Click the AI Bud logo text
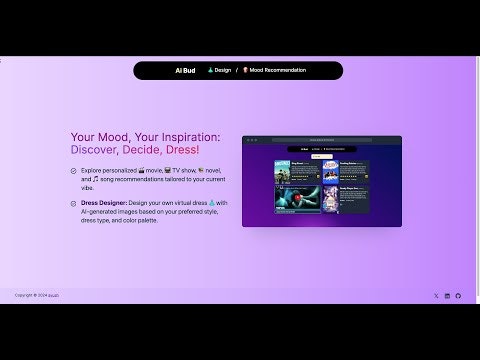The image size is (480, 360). click(185, 70)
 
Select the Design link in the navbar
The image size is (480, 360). click(220, 70)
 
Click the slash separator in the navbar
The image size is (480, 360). click(237, 70)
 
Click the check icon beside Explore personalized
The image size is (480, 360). click(73, 171)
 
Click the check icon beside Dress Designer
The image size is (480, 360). click(73, 203)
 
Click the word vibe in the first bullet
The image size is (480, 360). click(89, 187)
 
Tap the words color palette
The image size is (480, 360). click(158, 219)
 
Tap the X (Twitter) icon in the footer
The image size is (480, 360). click(436, 295)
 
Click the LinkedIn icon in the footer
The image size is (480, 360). click(447, 295)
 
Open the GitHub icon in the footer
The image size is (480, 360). click(458, 295)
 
